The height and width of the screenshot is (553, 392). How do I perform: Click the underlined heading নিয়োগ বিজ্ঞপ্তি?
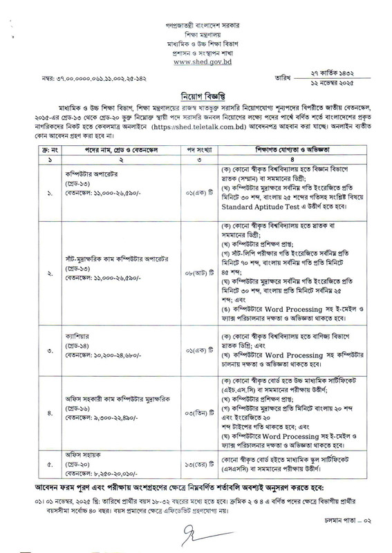click(196, 97)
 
